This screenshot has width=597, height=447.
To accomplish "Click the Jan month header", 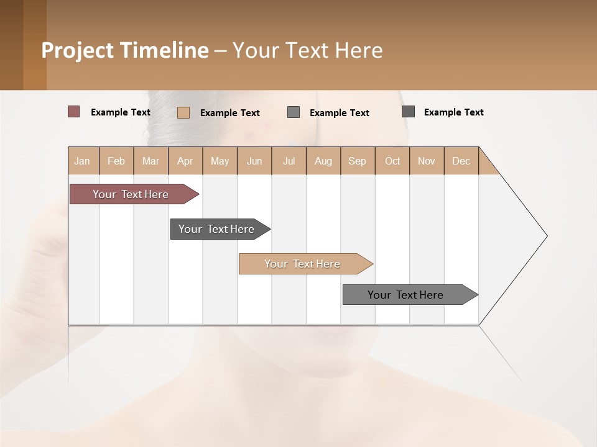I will pyautogui.click(x=83, y=161).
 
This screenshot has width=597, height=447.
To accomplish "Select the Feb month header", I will pyautogui.click(x=116, y=161).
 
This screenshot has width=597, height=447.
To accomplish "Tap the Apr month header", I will pyautogui.click(x=185, y=161).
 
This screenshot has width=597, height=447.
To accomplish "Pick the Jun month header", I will pyautogui.click(x=254, y=161).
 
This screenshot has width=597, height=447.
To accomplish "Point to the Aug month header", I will pyautogui.click(x=323, y=161).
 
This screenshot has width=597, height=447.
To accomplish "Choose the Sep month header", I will pyautogui.click(x=358, y=161).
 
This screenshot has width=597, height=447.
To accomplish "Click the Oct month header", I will pyautogui.click(x=392, y=161).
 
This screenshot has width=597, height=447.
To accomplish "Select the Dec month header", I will pyautogui.click(x=461, y=161).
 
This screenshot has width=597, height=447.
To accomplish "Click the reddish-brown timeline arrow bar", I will pyautogui.click(x=131, y=194).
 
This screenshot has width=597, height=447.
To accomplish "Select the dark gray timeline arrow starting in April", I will pyautogui.click(x=217, y=229).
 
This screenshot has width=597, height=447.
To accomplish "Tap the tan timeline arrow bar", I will pyautogui.click(x=303, y=264).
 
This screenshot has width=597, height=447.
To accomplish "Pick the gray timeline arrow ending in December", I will pyautogui.click(x=406, y=295).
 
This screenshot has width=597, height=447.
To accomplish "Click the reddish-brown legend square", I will pyautogui.click(x=74, y=112).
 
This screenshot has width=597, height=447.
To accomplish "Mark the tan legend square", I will pyautogui.click(x=183, y=112).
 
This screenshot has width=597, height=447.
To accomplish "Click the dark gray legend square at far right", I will pyautogui.click(x=409, y=112).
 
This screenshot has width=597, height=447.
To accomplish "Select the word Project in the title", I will pyautogui.click(x=77, y=50).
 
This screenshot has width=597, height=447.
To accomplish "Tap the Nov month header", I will pyautogui.click(x=427, y=161).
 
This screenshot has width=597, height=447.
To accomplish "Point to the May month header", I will pyautogui.click(x=220, y=161).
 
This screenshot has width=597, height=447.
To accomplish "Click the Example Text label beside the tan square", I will pyautogui.click(x=230, y=113).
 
